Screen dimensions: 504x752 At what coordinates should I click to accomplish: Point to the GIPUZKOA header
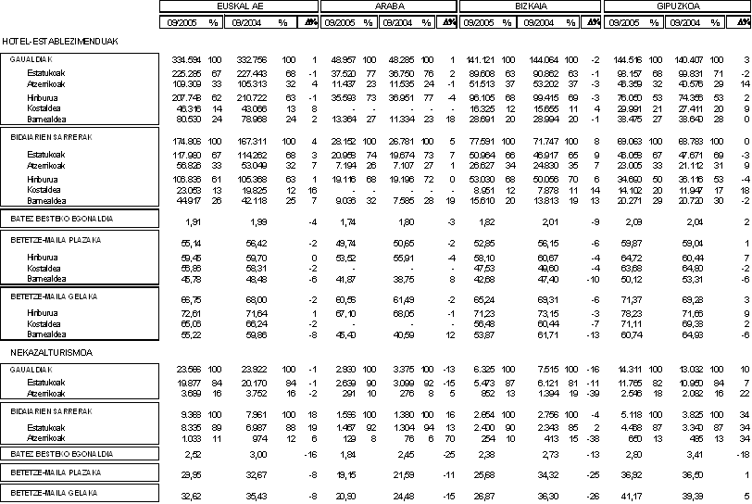pyautogui.click(x=677, y=6)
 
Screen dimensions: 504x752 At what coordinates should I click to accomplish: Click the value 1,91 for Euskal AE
pyautogui.click(x=194, y=223)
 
